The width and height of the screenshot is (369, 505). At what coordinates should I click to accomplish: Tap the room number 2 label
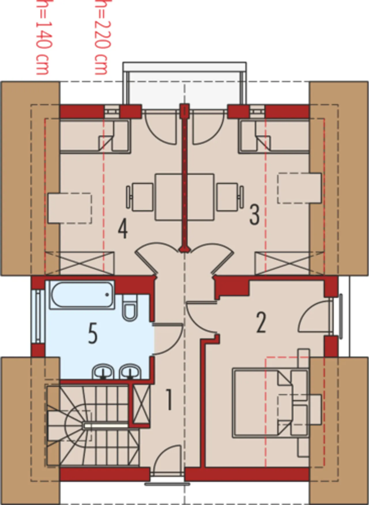coord(261,322)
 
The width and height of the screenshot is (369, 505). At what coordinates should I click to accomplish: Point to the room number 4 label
coord(123,229)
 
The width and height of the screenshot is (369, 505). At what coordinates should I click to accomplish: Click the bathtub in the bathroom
coord(82,295)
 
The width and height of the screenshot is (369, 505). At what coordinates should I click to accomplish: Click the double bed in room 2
coord(271,403)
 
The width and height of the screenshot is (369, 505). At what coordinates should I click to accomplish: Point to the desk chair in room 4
coord(140,197)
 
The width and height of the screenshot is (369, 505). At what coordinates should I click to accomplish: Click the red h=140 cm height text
coord(43,37)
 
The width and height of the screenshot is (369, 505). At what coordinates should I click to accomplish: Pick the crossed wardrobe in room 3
coord(290,263)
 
